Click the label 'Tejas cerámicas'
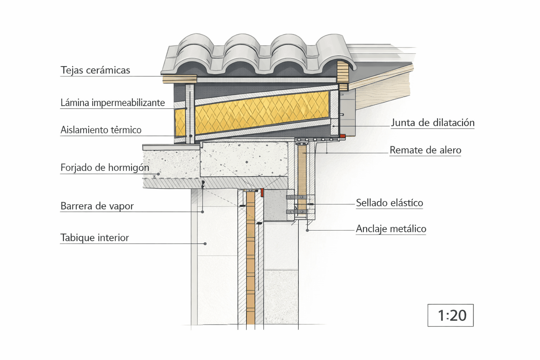pyautogui.click(x=95, y=70)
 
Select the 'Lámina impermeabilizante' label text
pyautogui.click(x=112, y=103)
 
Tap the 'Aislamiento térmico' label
pyautogui.click(x=101, y=130)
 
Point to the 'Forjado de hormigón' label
pyautogui.click(x=105, y=168)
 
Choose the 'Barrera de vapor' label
pyautogui.click(x=97, y=206)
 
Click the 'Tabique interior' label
pyautogui.click(x=95, y=238)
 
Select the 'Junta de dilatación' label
pyautogui.click(x=432, y=123)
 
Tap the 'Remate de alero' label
pyautogui.click(x=425, y=150)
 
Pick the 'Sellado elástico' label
pyautogui.click(x=390, y=203)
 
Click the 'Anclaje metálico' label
pyautogui.click(x=391, y=229)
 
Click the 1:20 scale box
pyautogui.click(x=450, y=315)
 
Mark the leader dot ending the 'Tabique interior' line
pyautogui.click(x=205, y=244)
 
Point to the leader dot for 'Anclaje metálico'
pyautogui.click(x=307, y=230)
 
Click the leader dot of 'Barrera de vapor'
pyautogui.click(x=202, y=212)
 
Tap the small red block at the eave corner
pyautogui.click(x=342, y=136)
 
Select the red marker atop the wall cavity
pyautogui.click(x=262, y=192)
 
